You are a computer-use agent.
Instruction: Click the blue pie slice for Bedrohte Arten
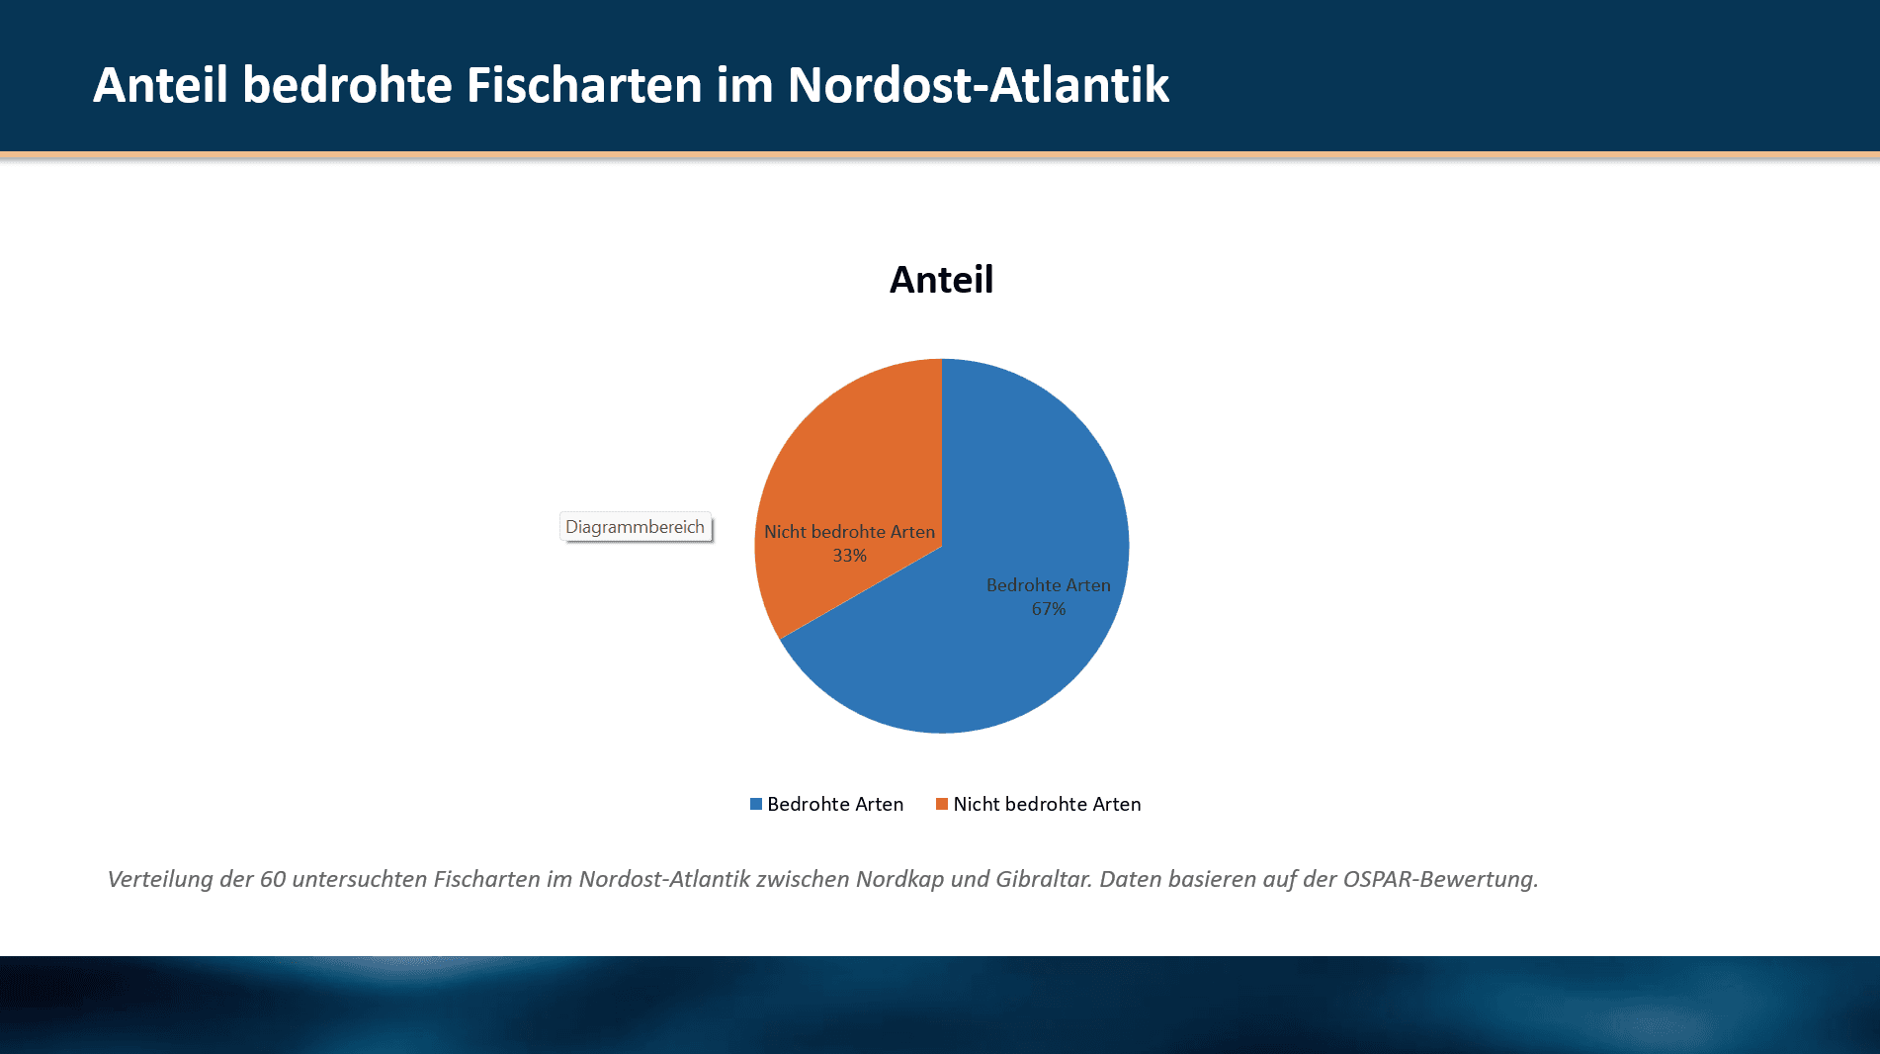point(988,662)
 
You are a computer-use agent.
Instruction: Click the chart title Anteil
point(941,280)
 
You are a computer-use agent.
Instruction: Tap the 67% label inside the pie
point(1049,609)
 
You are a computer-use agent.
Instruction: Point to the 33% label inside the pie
point(849,556)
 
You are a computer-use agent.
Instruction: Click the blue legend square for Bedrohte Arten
point(756,804)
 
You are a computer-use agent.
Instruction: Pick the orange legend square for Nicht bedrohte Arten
point(942,804)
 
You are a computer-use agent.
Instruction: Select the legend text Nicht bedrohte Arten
point(1047,804)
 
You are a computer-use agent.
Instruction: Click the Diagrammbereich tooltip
point(636,527)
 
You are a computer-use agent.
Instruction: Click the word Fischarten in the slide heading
point(583,85)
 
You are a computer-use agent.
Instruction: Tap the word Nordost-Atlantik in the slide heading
point(979,85)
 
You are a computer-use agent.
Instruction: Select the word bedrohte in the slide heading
point(347,85)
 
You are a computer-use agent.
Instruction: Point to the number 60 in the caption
point(273,879)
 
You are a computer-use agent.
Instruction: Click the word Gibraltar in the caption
point(1043,879)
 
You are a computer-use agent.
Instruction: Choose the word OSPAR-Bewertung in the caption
point(1439,879)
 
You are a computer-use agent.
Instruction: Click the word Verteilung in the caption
point(160,879)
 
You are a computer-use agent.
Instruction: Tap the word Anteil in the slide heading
point(160,85)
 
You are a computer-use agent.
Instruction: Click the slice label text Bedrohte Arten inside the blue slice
point(1048,585)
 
